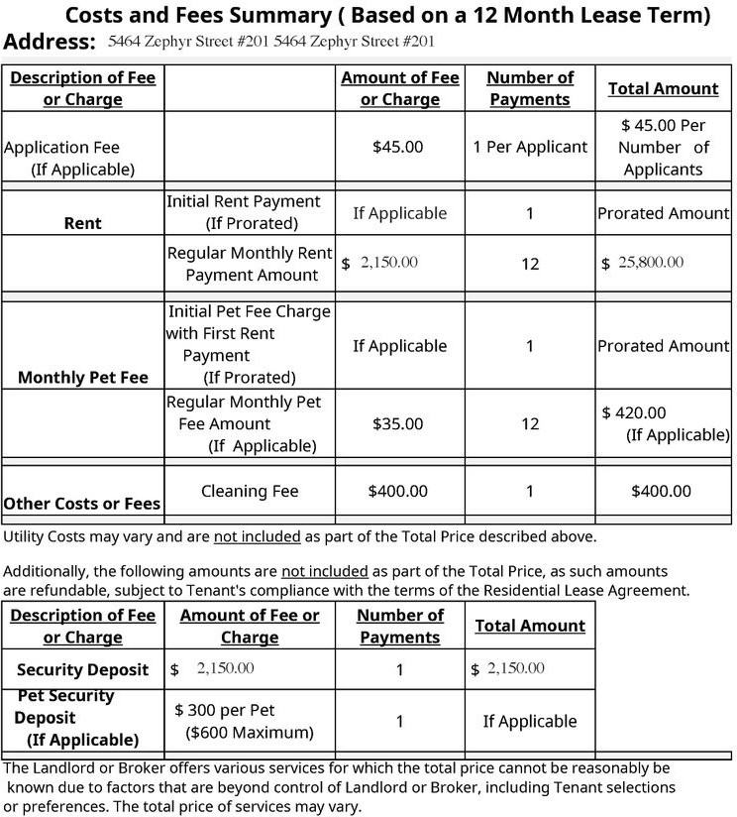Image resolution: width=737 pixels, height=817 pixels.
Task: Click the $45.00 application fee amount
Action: (x=397, y=147)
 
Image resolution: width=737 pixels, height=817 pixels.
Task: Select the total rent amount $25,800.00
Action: (x=643, y=263)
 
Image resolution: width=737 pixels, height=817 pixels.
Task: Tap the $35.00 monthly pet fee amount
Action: (x=397, y=423)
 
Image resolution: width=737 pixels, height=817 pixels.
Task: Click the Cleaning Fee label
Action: (x=250, y=491)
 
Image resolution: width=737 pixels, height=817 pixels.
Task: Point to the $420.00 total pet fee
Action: (x=634, y=412)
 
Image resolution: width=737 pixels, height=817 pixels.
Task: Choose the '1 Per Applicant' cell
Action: (x=530, y=147)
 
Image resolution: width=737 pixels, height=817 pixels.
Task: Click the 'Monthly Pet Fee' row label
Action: (x=83, y=377)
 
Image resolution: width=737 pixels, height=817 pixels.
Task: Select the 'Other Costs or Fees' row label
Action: (x=82, y=504)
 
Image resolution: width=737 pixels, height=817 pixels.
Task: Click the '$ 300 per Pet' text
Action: (x=225, y=710)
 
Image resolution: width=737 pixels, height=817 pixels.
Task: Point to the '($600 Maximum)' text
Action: (x=250, y=733)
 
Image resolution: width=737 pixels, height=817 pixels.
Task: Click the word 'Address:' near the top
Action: (x=50, y=42)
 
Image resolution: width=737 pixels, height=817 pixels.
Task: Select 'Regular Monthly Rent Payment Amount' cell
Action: (x=250, y=264)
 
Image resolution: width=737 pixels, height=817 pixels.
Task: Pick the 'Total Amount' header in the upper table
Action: (x=663, y=88)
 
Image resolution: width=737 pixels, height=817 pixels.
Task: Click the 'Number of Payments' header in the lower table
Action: (x=400, y=626)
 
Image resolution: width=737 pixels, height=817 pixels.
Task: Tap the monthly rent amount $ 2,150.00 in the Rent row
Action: (x=380, y=263)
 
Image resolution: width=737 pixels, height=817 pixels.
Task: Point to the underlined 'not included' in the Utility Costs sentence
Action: (x=257, y=536)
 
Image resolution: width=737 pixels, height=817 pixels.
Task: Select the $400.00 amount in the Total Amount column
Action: (x=662, y=491)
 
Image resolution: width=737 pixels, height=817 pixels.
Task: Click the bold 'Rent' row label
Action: (x=83, y=223)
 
